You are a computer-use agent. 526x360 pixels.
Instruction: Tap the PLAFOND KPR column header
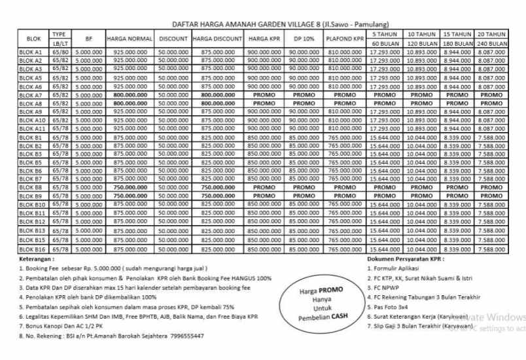[x=345, y=39]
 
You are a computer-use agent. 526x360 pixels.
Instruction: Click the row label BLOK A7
[x=30, y=95]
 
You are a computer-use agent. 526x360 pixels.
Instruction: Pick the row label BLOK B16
[x=30, y=249]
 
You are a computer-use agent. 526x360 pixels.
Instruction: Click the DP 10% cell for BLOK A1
[x=304, y=51]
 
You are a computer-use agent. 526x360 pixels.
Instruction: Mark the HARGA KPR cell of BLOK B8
[x=264, y=187]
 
